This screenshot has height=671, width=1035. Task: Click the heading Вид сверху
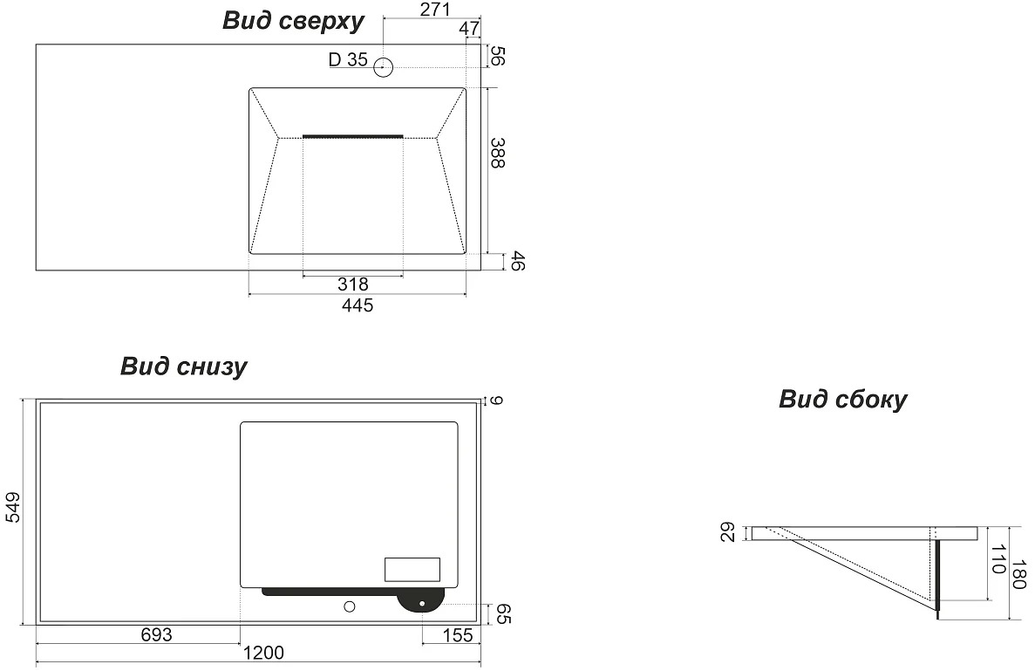point(293,20)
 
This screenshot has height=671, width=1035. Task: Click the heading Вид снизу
point(183,366)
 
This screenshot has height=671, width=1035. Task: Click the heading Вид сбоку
point(842,400)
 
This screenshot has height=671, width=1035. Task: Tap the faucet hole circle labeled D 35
point(383,66)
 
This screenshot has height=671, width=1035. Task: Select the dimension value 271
point(434,10)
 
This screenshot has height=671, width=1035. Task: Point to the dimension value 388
point(498,153)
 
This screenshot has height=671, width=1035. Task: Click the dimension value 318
point(352,284)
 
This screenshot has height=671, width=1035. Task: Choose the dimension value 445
point(357,305)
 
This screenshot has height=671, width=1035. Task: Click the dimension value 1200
point(263,653)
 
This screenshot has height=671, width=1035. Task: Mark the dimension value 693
point(156,634)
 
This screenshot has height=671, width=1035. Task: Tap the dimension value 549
point(12,507)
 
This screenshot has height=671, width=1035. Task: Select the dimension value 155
point(458,635)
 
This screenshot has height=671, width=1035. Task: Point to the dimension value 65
point(503,613)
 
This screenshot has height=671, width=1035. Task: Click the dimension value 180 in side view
point(1019,574)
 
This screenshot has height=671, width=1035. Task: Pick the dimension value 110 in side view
point(998,558)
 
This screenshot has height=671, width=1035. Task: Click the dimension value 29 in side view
point(726,532)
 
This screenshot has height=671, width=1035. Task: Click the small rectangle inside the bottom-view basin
point(412,569)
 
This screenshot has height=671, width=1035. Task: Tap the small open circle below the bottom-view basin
point(349,606)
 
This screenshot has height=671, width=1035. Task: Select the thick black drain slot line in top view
point(352,136)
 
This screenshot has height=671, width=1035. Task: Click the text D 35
point(348,59)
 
